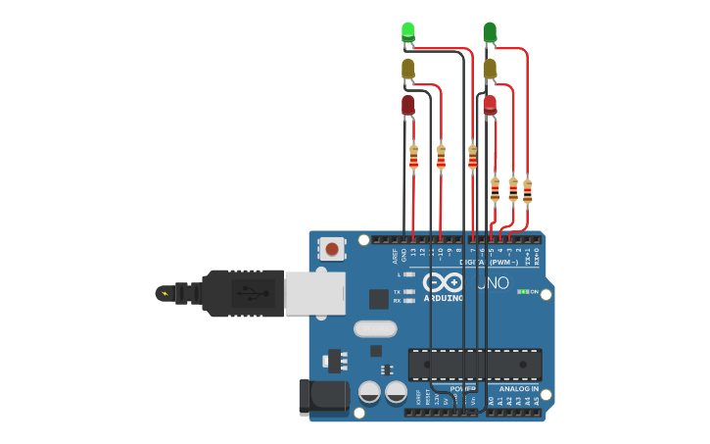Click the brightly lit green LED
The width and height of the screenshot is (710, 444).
click(408, 31)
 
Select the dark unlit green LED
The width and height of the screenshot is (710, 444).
click(490, 32)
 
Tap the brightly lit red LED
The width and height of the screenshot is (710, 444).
click(490, 104)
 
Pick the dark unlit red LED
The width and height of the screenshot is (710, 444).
click(408, 104)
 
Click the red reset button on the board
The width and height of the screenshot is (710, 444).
click(332, 249)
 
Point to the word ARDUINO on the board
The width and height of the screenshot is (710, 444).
click(444, 298)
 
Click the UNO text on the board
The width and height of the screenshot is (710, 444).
click(494, 283)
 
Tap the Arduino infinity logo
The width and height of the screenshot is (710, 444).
click(443, 282)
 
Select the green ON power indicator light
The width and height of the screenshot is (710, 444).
click(524, 291)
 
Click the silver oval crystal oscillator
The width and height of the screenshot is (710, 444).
click(375, 328)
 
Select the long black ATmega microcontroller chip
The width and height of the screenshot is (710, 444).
click(475, 365)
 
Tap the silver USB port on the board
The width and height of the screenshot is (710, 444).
click(314, 293)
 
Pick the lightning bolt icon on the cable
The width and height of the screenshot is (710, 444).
click(165, 293)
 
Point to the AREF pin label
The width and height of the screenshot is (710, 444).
click(396, 256)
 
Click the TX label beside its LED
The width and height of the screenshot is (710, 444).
click(397, 292)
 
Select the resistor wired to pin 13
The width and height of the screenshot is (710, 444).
click(413, 156)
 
